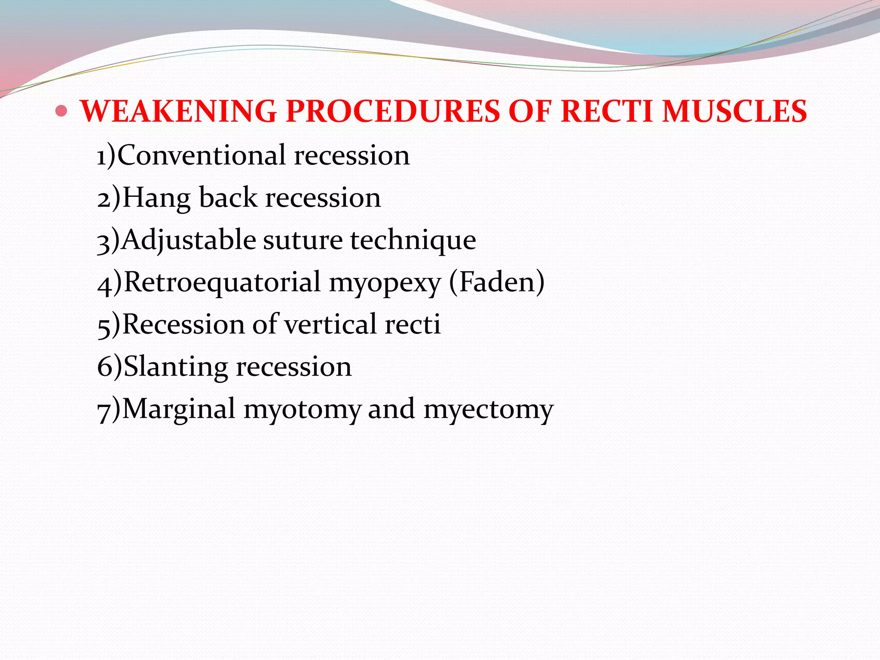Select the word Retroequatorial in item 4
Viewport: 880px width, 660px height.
coord(222,282)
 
